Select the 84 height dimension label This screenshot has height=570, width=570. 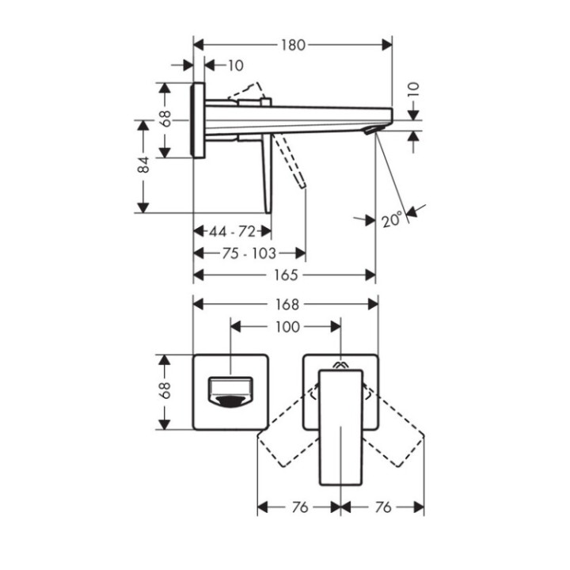(143, 165)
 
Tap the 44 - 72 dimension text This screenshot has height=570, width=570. (232, 231)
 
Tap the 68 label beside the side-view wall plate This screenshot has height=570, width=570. (165, 120)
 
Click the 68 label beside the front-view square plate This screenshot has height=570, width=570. (165, 391)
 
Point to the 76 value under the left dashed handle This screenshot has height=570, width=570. (299, 507)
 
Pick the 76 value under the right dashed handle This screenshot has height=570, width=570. (382, 507)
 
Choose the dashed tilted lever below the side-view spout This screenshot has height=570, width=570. (290, 162)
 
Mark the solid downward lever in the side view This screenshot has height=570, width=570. (265, 174)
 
